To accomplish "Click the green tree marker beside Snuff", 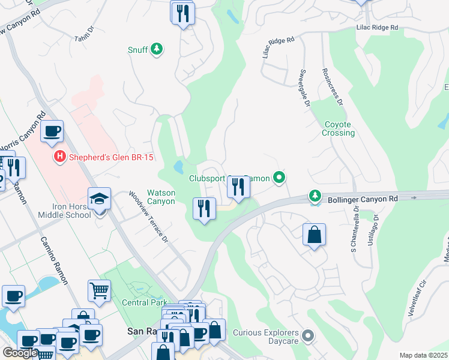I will (157, 49).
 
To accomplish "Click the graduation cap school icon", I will (99, 198).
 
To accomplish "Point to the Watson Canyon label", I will (161, 197).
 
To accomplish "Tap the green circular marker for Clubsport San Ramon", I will (279, 178).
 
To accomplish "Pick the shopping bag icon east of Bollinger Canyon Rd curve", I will (315, 235).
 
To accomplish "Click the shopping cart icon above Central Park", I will (99, 291).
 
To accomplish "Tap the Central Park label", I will (145, 302).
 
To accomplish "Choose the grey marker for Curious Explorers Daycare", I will (308, 336).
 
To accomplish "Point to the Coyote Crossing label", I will (339, 128).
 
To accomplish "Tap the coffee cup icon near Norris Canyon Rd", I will (52, 130).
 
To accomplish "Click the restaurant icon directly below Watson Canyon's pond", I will (204, 209).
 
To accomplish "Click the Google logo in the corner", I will (20, 353).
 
